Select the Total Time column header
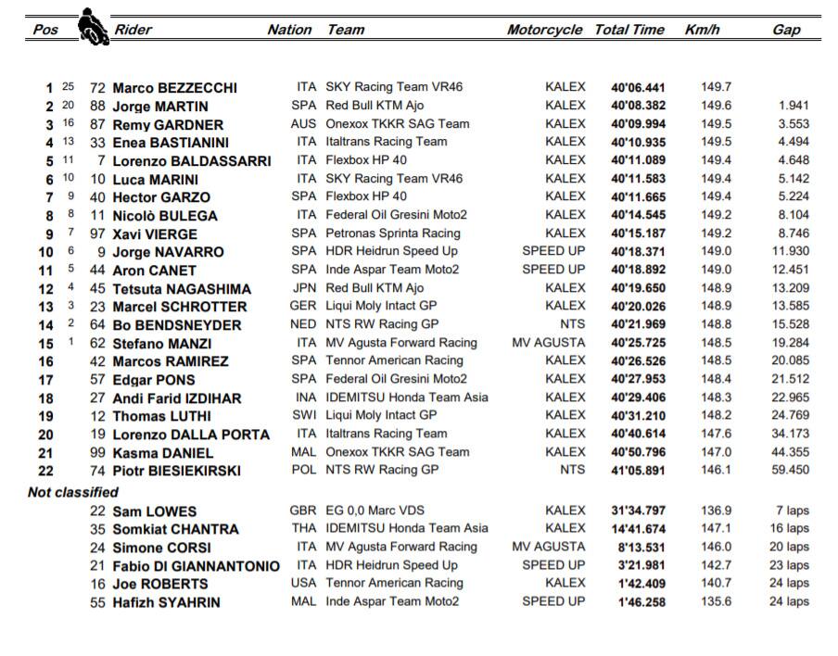(629, 30)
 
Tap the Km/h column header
(702, 30)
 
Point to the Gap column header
(786, 30)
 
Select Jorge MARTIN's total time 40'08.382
(638, 106)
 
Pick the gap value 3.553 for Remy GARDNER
(794, 124)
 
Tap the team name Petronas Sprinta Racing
(393, 233)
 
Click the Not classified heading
(73, 492)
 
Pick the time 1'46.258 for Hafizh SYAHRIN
(638, 602)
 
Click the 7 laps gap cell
(792, 511)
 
